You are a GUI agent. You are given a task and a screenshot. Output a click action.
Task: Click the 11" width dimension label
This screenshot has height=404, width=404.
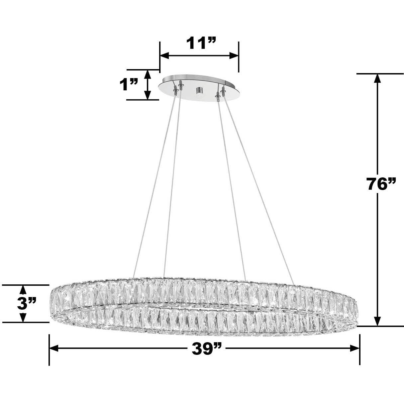(201, 43)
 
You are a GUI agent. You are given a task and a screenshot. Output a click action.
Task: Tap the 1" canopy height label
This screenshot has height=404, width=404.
(129, 85)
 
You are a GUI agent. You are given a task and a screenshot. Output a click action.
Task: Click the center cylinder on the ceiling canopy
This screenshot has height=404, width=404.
(200, 90)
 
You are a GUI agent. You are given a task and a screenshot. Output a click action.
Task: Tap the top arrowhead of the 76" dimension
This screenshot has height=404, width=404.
(377, 78)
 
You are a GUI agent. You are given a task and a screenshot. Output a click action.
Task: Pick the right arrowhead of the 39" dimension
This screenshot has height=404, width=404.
(355, 348)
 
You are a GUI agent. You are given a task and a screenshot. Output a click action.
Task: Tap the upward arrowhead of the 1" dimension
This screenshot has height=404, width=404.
(148, 74)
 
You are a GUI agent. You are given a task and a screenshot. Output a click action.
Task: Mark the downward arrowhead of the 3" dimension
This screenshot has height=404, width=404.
(23, 318)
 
